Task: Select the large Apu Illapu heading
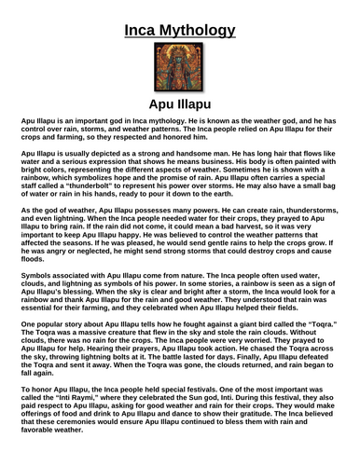[179, 106]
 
